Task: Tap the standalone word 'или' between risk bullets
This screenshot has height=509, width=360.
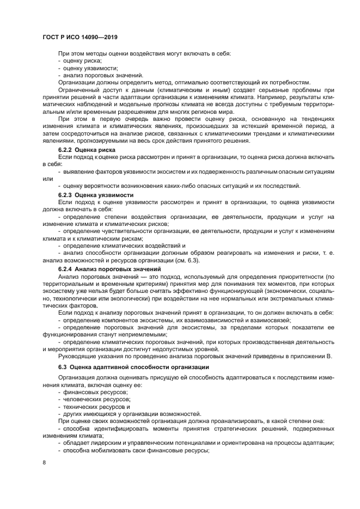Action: (47, 179)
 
